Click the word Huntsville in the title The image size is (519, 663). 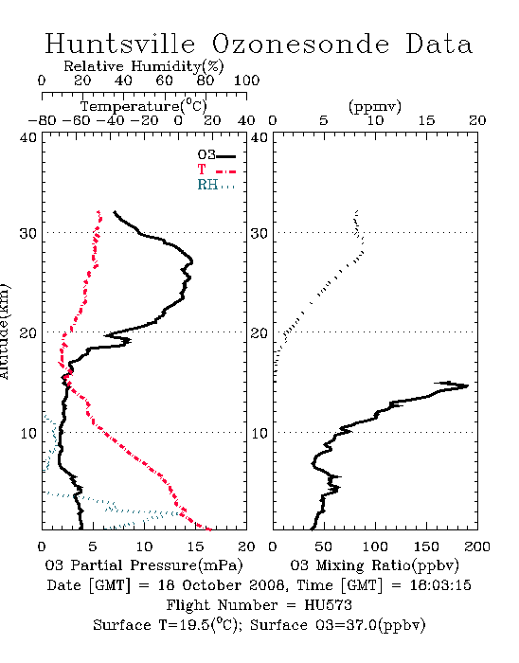click(120, 44)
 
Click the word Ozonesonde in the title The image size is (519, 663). click(300, 44)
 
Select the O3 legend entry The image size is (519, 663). click(216, 155)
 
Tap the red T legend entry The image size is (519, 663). click(216, 170)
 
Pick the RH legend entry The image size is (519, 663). click(216, 185)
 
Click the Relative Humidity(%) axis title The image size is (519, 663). click(144, 66)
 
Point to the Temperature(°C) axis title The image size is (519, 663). click(144, 106)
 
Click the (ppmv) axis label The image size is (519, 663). click(375, 106)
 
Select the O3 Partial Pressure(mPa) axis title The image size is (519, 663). click(144, 565)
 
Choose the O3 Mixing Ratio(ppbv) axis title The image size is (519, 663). click(374, 565)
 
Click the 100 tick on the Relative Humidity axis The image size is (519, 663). click(246, 81)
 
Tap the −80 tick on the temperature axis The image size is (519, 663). click(42, 120)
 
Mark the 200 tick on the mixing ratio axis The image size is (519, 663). click(477, 547)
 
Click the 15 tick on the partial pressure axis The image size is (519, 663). click(195, 547)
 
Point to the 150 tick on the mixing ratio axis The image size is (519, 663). click(426, 547)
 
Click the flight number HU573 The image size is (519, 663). click(328, 605)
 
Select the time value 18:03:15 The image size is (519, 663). click(440, 585)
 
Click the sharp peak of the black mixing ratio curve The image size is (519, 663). click(468, 385)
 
